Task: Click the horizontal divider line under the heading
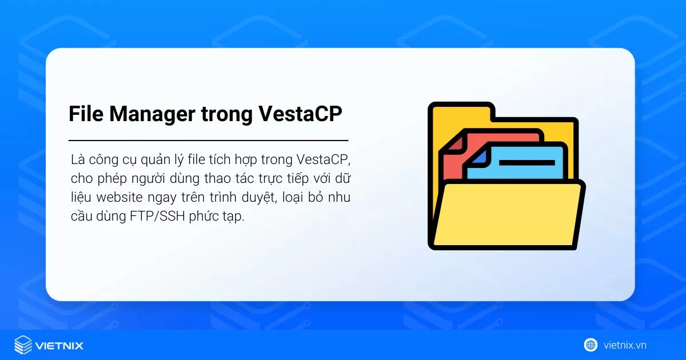208,140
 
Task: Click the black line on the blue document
527,163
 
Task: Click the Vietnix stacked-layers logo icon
23,345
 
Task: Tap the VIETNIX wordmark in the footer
59,345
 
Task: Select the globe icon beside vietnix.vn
591,345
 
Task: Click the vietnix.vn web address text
625,345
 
